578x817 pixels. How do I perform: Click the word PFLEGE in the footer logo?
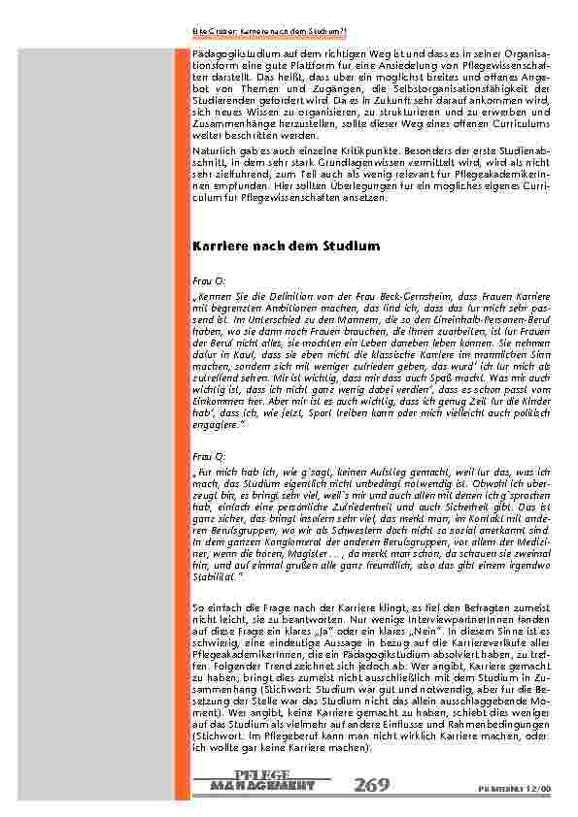click(262, 774)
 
